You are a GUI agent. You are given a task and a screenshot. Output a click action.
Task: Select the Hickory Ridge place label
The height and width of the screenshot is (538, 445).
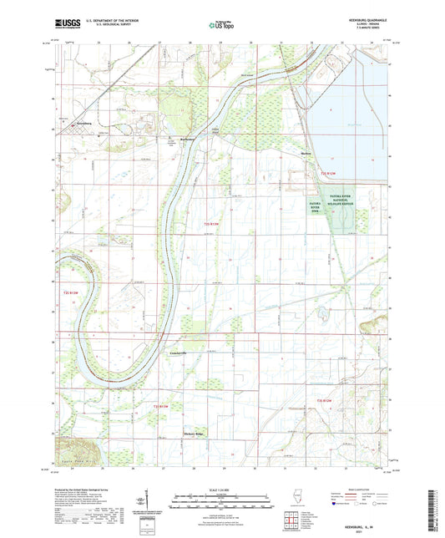pos(194,434)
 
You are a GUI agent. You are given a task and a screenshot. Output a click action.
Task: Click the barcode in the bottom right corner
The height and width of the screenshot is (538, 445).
pos(433,505)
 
